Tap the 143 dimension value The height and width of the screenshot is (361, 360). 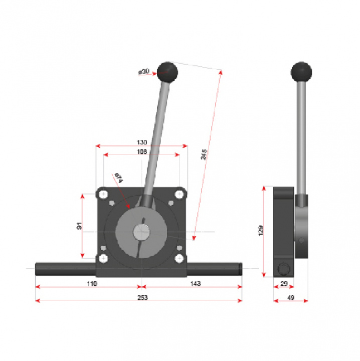(x=196, y=284)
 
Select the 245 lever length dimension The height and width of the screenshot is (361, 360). (x=204, y=154)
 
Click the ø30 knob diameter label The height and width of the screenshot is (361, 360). (x=144, y=72)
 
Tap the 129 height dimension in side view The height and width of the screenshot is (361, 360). (x=260, y=230)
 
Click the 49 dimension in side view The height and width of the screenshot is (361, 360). (x=290, y=297)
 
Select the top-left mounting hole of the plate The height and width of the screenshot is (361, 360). (x=103, y=194)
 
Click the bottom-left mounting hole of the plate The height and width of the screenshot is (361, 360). (x=103, y=258)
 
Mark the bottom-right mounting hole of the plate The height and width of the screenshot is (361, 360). (x=179, y=258)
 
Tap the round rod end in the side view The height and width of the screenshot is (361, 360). (x=283, y=269)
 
